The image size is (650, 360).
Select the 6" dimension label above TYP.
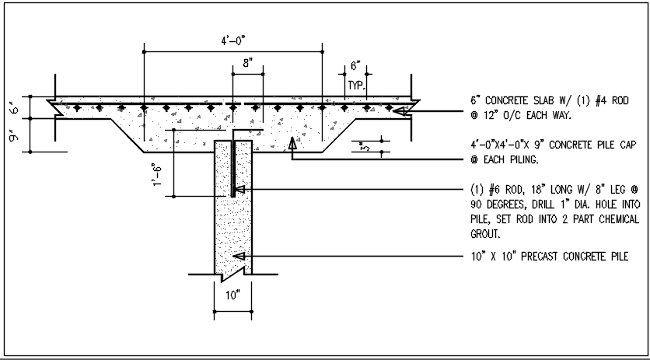[356, 66]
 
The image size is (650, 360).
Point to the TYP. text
[356, 84]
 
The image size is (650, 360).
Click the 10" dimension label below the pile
[233, 295]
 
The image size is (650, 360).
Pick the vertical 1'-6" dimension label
[159, 176]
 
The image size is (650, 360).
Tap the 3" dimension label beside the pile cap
[364, 147]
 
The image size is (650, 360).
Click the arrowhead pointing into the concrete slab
[401, 112]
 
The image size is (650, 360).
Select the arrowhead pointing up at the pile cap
[292, 142]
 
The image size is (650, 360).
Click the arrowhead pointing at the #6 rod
[240, 189]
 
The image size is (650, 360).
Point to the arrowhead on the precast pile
[240, 256]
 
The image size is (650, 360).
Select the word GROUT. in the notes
[486, 233]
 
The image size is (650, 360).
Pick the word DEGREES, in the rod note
[505, 204]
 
